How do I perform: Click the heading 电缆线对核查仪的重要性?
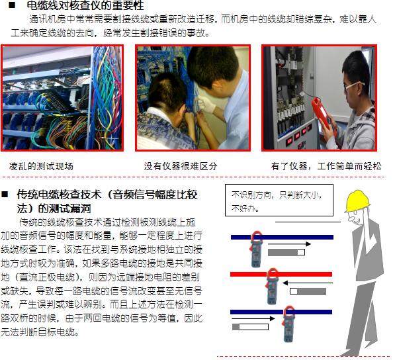point(85,5)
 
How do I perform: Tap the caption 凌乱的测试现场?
point(41,166)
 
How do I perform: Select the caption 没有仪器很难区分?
point(181,166)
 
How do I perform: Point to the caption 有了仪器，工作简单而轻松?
point(326,166)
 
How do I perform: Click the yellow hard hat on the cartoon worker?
point(357,201)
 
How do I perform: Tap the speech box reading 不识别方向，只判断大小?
point(279,201)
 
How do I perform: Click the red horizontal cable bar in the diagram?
point(281,274)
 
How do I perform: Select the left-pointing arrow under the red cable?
point(308,283)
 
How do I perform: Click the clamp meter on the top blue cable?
point(256,249)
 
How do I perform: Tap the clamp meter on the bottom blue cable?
point(288,324)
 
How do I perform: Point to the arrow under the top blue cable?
point(289,244)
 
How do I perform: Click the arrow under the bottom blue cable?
point(253,319)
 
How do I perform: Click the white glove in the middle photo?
point(206,105)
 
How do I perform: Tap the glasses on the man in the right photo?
point(353,86)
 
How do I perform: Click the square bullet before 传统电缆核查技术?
point(5,195)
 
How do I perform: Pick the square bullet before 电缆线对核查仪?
point(12,5)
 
